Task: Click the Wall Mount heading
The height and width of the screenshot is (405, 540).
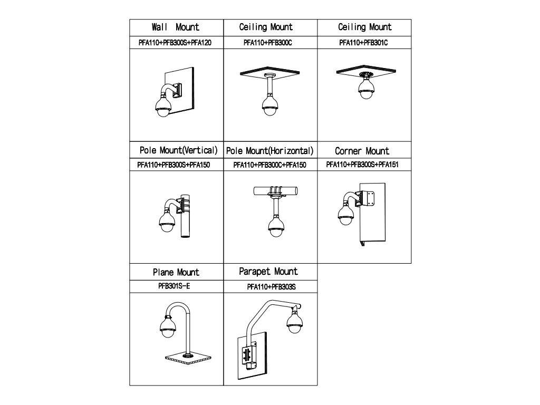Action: (176, 27)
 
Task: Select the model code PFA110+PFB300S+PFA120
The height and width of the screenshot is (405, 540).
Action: (176, 43)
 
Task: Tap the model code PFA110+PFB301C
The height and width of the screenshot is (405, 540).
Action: (363, 43)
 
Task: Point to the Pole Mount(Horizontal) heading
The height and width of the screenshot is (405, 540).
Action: (270, 151)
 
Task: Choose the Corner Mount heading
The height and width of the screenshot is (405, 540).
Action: (363, 151)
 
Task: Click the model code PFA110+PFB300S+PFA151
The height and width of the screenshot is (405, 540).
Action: (362, 165)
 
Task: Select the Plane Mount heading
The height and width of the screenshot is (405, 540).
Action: (176, 273)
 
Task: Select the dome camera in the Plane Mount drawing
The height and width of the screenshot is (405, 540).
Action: (167, 326)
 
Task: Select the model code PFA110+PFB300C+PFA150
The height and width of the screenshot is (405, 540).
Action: (269, 165)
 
